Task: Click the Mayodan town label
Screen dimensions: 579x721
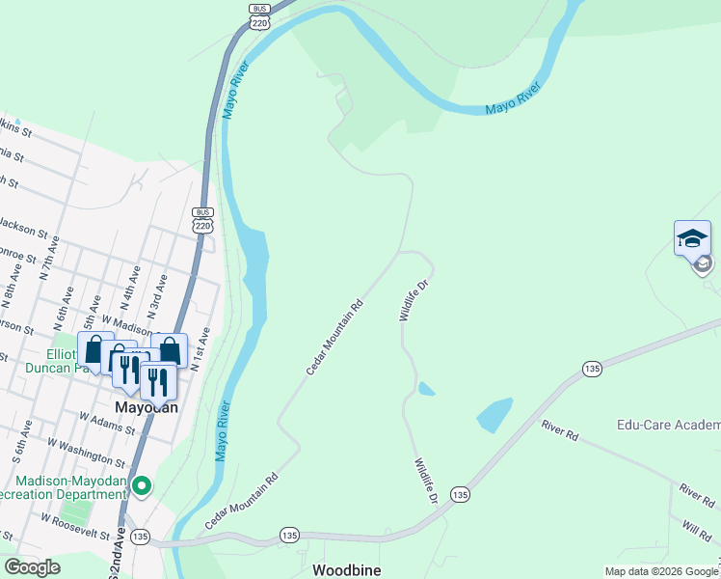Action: (147, 407)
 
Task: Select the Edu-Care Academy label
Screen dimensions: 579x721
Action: (668, 426)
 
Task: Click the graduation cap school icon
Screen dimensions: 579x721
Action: (692, 238)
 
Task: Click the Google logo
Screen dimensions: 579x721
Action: (32, 568)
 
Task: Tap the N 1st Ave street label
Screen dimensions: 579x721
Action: (200, 349)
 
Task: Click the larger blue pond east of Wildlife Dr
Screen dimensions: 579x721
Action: (494, 415)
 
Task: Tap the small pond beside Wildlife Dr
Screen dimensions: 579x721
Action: (426, 390)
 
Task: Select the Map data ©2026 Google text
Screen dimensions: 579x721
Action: (661, 571)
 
